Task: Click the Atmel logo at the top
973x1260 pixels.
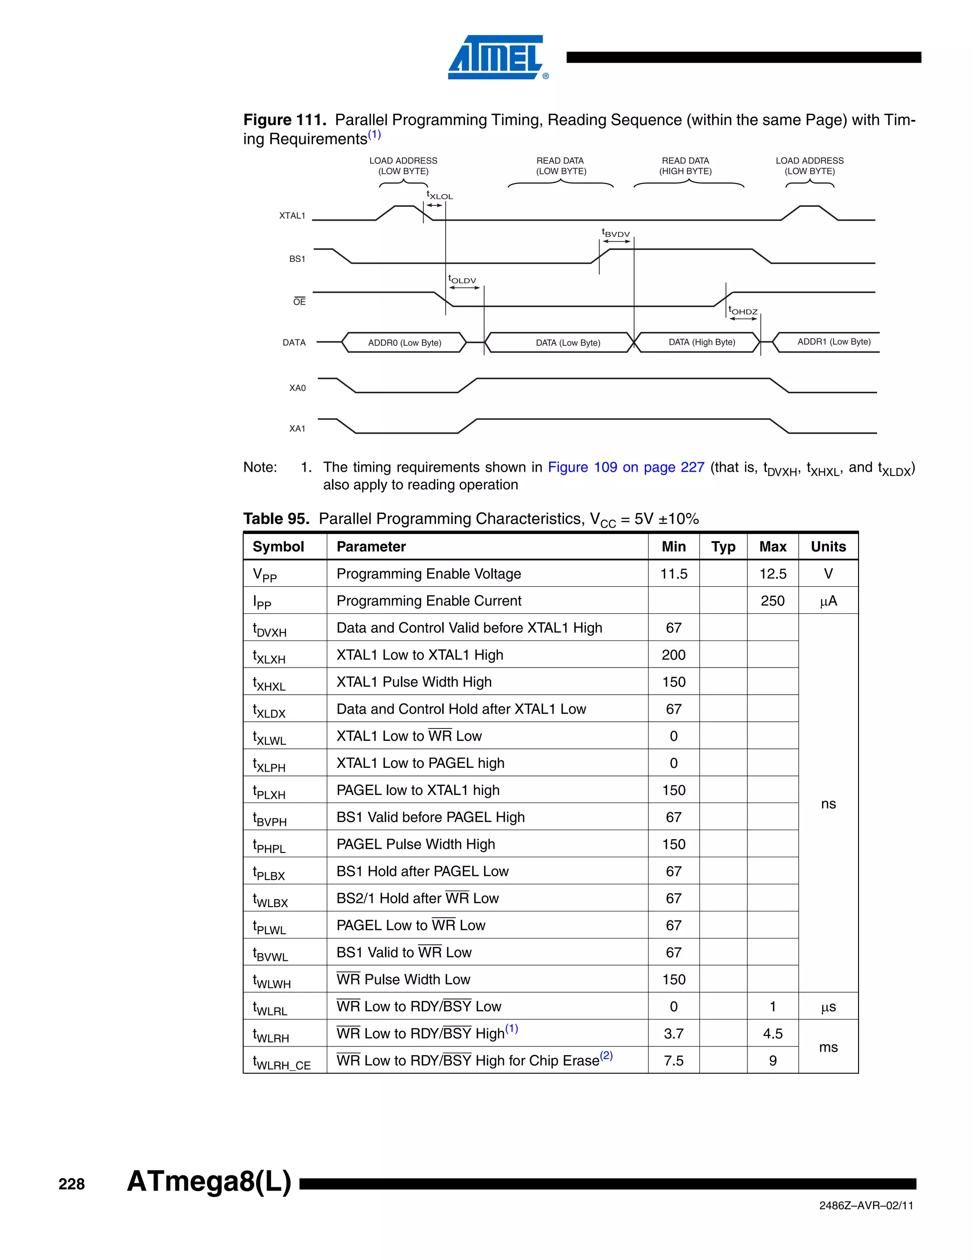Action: pyautogui.click(x=496, y=57)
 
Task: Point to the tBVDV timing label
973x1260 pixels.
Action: pyautogui.click(x=616, y=233)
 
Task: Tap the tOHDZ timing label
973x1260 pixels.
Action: pyautogui.click(x=743, y=311)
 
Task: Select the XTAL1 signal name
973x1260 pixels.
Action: pyautogui.click(x=292, y=216)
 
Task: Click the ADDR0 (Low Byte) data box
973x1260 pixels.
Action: pyautogui.click(x=404, y=343)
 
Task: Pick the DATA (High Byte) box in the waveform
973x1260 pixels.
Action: pyautogui.click(x=702, y=342)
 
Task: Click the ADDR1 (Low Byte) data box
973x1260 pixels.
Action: pyautogui.click(x=833, y=341)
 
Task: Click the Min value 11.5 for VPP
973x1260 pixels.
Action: pyautogui.click(x=673, y=574)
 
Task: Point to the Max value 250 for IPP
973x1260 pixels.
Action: pyautogui.click(x=773, y=601)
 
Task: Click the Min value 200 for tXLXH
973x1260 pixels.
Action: pyautogui.click(x=673, y=655)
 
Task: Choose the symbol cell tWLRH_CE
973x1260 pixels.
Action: pyautogui.click(x=282, y=1062)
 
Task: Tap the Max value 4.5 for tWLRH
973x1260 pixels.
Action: pyautogui.click(x=773, y=1034)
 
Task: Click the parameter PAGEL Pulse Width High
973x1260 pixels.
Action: pyautogui.click(x=416, y=844)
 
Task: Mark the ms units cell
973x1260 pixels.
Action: pyautogui.click(x=828, y=1047)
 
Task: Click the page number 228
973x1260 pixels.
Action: pyautogui.click(x=71, y=1184)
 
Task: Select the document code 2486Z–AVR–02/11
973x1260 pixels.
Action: pyautogui.click(x=866, y=1206)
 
